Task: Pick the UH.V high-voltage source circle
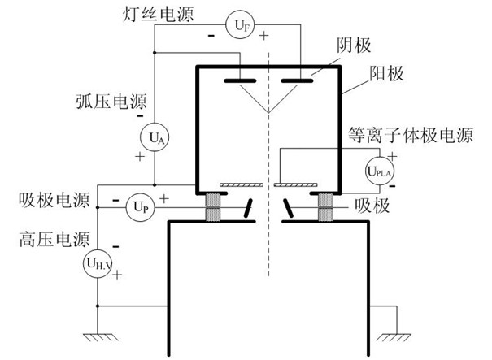click(97, 262)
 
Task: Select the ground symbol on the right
click(390, 333)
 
